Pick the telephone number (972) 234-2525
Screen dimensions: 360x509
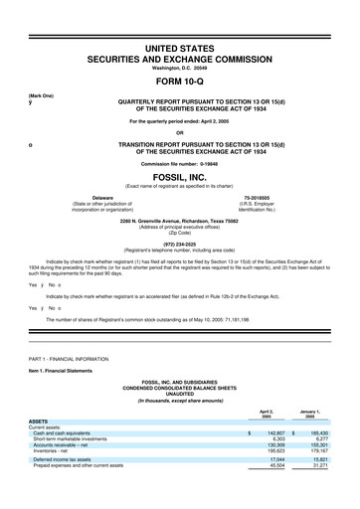coord(180,240)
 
